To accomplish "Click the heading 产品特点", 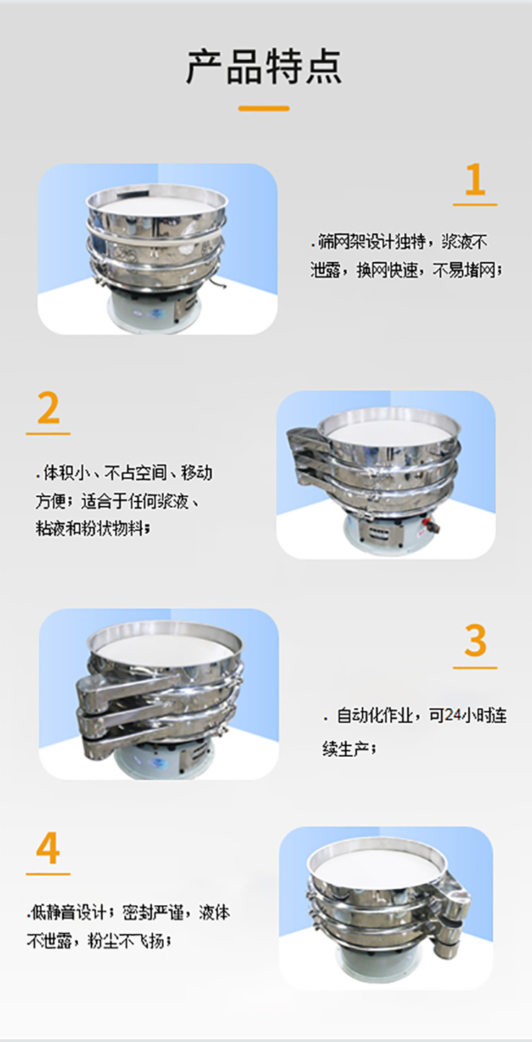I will click(x=264, y=67).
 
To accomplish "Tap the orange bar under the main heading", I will click(x=264, y=109).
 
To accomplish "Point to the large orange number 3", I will click(x=475, y=642).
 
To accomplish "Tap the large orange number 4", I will click(x=48, y=849).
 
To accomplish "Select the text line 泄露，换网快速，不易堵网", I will click(x=406, y=270).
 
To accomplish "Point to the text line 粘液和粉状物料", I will click(x=94, y=529).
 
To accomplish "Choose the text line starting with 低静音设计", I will click(x=129, y=912).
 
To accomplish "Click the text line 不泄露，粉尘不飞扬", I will click(x=99, y=942).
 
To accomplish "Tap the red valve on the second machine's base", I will click(x=428, y=528).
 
